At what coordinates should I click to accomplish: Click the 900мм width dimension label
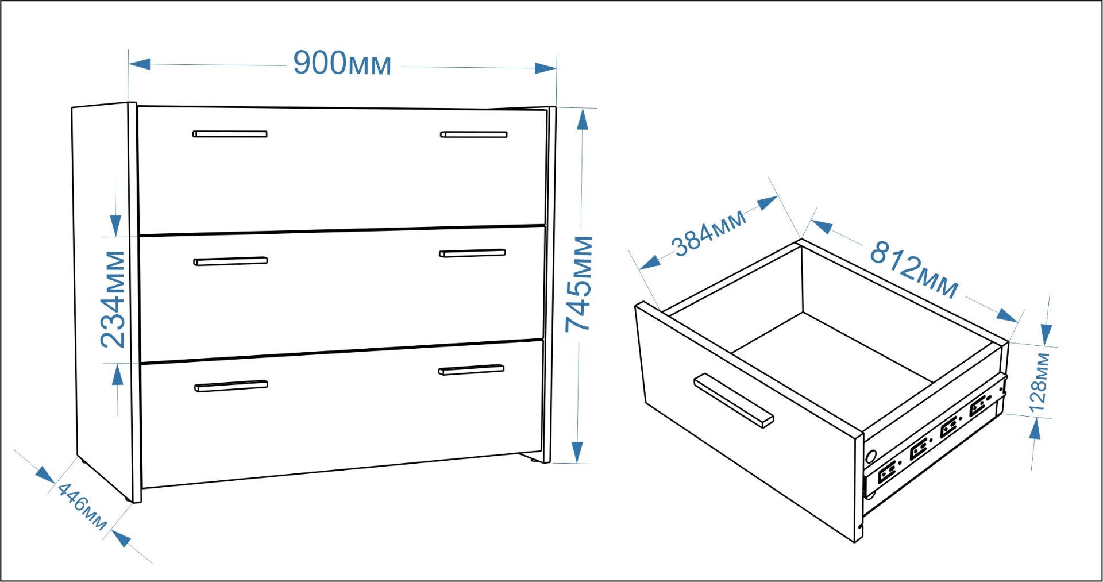click(x=342, y=63)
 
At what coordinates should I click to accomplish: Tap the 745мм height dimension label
click(x=580, y=284)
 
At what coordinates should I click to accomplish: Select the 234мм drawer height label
click(x=113, y=299)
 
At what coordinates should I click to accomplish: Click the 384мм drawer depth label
click(x=710, y=233)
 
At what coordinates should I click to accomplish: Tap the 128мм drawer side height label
click(x=1039, y=383)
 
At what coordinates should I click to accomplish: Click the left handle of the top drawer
click(x=230, y=134)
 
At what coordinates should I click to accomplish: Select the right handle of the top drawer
click(x=474, y=134)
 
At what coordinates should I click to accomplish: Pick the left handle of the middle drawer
click(x=230, y=261)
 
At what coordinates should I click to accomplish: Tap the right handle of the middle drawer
click(x=472, y=253)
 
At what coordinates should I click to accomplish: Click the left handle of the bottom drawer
click(x=231, y=386)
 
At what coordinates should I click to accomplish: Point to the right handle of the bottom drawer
click(x=471, y=369)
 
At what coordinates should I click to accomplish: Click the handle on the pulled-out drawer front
click(x=734, y=401)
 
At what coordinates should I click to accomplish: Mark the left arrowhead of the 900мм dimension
click(x=140, y=64)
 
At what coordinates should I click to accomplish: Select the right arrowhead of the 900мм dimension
click(x=546, y=68)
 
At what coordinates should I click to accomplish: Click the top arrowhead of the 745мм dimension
click(x=583, y=120)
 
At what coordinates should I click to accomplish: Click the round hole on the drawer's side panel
click(x=871, y=457)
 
